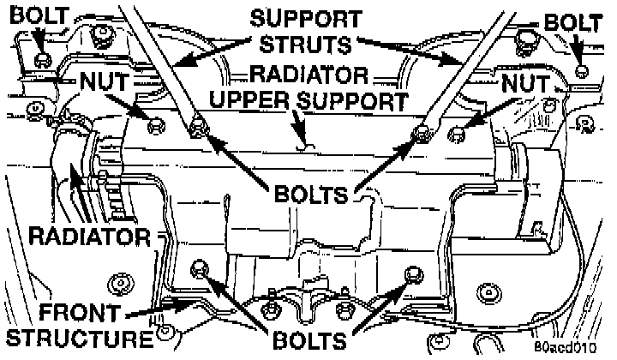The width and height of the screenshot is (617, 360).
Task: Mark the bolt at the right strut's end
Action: [422, 133]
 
